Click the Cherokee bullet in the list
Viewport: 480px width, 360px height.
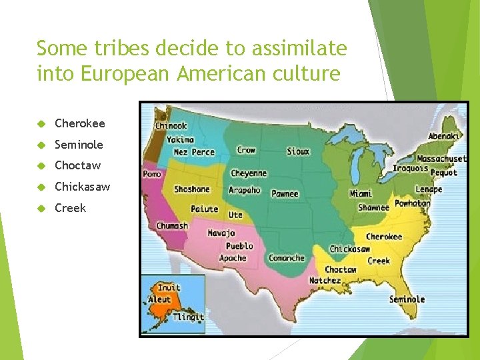point(79,123)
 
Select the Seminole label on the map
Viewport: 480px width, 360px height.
point(407,299)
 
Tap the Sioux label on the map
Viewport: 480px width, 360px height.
point(298,151)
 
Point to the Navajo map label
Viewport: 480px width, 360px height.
point(221,233)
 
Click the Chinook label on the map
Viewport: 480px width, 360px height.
point(171,125)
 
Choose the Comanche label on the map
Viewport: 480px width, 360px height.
point(287,258)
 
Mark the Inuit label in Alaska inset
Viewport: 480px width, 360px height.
point(169,288)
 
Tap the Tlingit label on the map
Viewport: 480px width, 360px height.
point(188,317)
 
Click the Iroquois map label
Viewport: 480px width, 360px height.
point(410,169)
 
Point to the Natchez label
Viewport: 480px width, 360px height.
point(325,281)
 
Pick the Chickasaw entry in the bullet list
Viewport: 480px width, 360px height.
point(82,187)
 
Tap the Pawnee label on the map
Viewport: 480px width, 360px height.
point(285,193)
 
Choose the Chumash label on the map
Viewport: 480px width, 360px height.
point(172,226)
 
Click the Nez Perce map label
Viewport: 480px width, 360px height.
point(194,152)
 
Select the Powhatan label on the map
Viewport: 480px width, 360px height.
point(412,203)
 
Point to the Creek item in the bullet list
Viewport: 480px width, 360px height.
point(70,208)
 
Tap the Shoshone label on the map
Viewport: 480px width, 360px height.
point(192,189)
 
